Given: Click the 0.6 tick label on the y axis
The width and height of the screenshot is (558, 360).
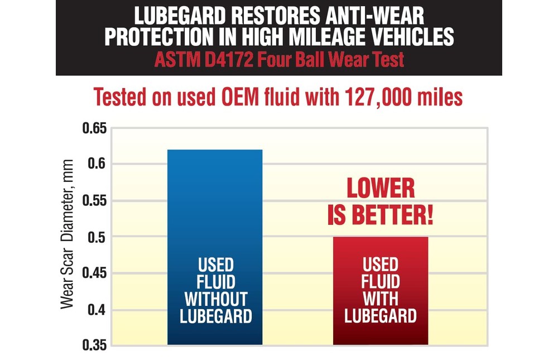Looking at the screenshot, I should click(x=98, y=165).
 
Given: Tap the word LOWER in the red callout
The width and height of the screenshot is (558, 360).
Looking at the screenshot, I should click(x=381, y=189).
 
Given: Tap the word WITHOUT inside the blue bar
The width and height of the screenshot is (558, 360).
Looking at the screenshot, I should click(x=215, y=299).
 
